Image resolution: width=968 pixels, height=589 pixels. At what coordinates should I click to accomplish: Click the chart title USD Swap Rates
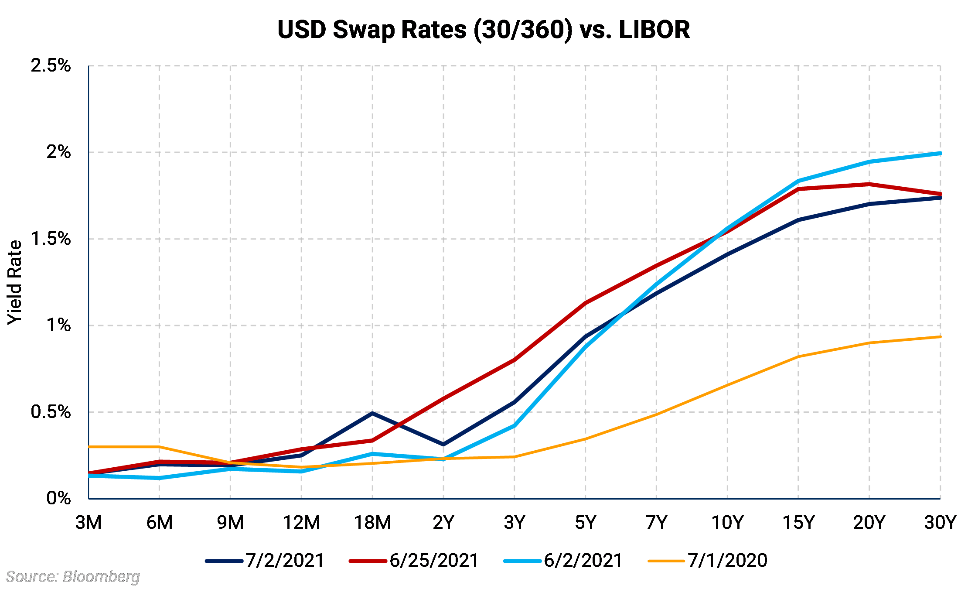tap(483, 30)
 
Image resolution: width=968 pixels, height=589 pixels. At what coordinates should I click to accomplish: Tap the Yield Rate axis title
tap(15, 282)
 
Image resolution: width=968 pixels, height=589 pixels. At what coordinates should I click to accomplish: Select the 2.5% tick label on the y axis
tap(51, 65)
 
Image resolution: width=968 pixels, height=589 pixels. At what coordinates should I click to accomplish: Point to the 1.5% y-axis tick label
tap(51, 239)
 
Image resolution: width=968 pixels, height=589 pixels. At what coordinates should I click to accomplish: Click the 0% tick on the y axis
tap(58, 498)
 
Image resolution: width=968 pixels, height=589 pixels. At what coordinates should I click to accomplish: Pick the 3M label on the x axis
tap(89, 522)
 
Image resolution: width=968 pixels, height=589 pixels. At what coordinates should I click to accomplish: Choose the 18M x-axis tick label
tap(372, 522)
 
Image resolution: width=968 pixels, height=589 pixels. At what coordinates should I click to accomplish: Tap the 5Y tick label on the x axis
tap(585, 522)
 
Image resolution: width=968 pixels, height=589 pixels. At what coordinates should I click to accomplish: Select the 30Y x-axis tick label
tap(940, 522)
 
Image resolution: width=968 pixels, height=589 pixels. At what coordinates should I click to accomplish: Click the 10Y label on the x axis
tap(727, 522)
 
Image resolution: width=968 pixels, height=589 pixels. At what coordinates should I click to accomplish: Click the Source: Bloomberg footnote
tap(73, 577)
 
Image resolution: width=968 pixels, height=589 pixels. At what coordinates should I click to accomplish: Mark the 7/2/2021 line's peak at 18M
tap(372, 413)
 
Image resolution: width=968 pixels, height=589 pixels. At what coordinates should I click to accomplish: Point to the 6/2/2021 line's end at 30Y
tap(940, 153)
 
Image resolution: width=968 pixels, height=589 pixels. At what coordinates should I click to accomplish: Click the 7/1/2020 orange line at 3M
tap(89, 447)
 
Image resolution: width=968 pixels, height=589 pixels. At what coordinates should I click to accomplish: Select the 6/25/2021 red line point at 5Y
tap(585, 303)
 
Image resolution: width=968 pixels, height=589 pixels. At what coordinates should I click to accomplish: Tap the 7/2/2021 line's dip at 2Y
tap(443, 444)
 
